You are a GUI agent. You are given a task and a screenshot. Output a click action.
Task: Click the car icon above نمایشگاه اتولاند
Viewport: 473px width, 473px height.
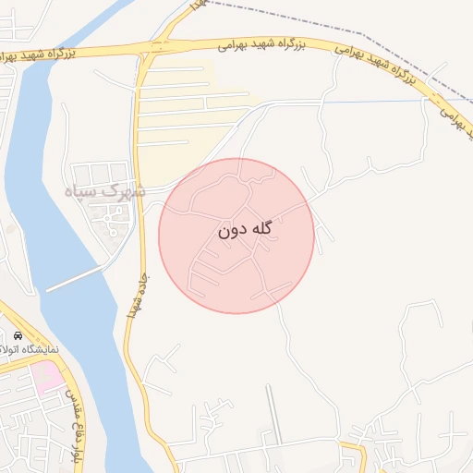click(18, 334)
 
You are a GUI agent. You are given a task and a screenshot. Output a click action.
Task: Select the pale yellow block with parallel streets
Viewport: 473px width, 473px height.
click(185, 111)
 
